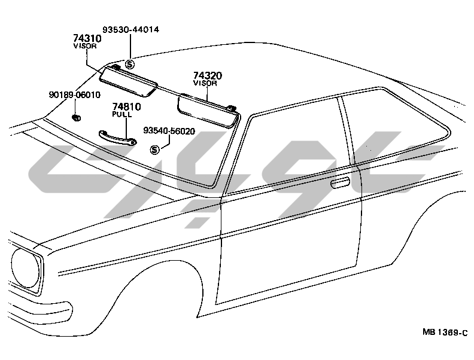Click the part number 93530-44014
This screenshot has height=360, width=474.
(130, 29)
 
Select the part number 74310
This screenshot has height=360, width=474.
(87, 38)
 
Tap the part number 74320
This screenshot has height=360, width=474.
(208, 76)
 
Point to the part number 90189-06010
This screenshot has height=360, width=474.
(74, 94)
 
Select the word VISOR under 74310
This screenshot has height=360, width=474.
(85, 45)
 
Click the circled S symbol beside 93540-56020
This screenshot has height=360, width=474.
(154, 150)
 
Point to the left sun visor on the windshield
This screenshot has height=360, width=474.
(127, 80)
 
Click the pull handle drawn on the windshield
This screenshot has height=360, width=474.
(117, 137)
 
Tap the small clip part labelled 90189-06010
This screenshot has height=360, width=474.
(77, 116)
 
